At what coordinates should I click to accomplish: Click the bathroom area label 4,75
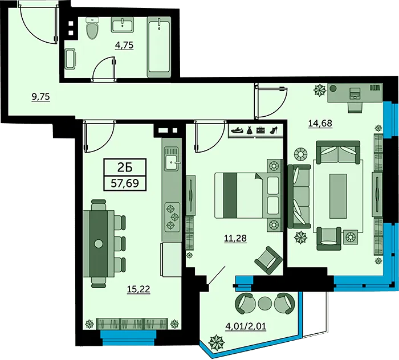pos(124,45)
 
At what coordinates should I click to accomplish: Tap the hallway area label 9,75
pos(40,97)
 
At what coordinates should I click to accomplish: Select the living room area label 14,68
pos(320,123)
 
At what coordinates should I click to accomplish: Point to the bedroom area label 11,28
pos(235,238)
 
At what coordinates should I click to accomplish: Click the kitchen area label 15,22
pos(139,289)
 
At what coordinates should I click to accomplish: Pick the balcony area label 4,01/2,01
pos(246,326)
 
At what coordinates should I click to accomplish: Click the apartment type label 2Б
pos(125,167)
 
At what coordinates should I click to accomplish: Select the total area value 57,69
pos(125,183)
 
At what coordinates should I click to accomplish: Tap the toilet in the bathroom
pos(92,28)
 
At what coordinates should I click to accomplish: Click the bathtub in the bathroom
pos(159,47)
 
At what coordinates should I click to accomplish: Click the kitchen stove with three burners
pos(172,217)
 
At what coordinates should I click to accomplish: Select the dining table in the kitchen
pos(99,244)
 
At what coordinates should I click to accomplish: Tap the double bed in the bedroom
pos(249,195)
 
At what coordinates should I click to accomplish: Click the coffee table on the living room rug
pos(338,196)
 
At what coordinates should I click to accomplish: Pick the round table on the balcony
pos(265,303)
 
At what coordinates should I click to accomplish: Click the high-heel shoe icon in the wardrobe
pos(273,130)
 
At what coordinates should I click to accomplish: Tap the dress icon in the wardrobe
pos(249,130)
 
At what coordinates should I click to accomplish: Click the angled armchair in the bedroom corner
pos(268,260)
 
